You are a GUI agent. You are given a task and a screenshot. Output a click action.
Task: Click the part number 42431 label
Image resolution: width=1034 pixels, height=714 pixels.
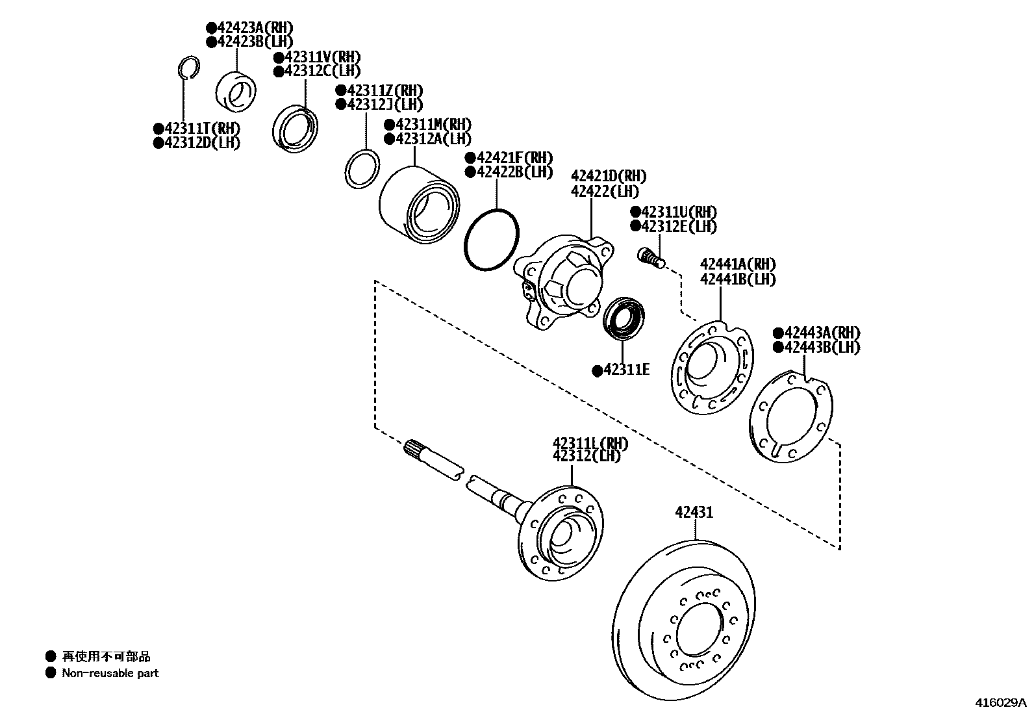coord(694,513)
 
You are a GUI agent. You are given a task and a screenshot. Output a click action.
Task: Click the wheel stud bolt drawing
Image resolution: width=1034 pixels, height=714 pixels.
coord(649,258)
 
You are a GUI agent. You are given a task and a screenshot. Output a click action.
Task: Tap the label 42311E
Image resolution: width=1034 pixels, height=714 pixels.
coord(626,370)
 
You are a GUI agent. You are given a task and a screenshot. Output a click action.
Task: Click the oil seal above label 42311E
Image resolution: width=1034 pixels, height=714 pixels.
coord(623,317)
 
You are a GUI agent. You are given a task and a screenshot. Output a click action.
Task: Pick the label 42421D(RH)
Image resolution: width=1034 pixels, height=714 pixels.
coord(609,177)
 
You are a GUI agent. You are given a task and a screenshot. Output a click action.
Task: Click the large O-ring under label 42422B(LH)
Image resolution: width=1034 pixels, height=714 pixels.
coord(492,238)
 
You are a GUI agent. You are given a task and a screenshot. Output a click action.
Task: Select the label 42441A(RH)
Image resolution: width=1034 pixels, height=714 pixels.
coord(738,264)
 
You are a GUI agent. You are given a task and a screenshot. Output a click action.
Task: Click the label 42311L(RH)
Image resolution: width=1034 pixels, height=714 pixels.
coord(590,444)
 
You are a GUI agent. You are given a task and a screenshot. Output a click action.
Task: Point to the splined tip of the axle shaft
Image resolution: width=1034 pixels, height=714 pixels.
coord(414,448)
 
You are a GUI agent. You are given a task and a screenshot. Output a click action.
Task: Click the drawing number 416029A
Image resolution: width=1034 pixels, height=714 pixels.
coord(1000,702)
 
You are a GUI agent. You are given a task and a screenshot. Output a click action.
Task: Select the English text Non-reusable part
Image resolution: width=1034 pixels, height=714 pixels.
coord(110,673)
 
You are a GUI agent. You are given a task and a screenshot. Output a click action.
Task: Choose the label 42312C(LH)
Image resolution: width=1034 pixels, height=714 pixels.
coord(322,71)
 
